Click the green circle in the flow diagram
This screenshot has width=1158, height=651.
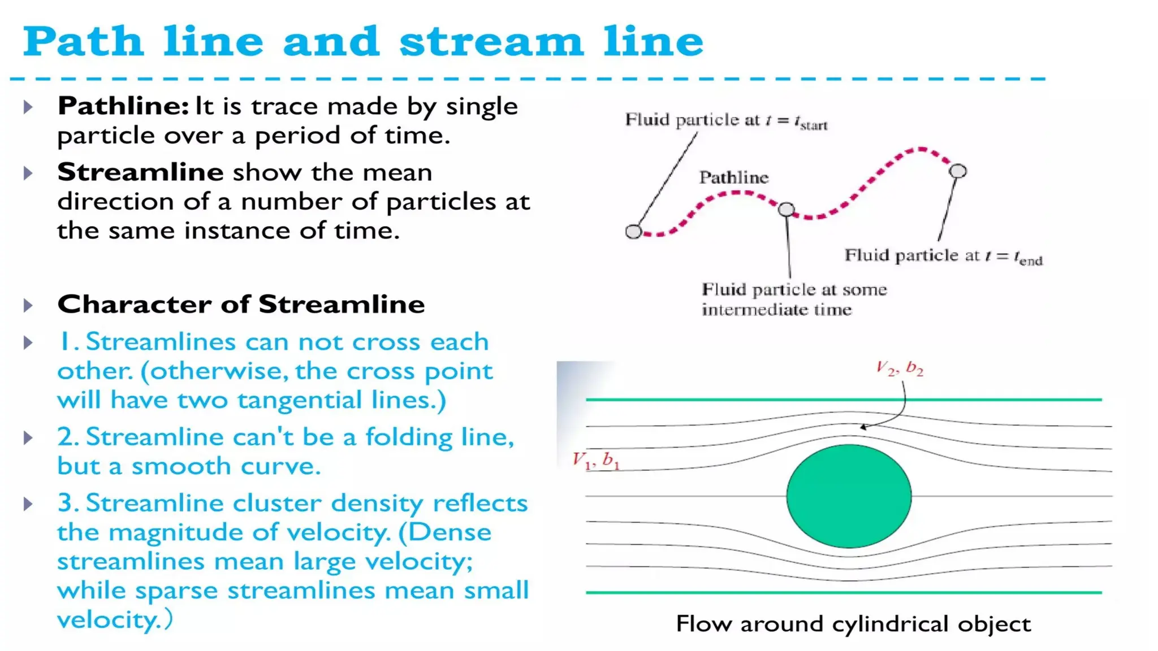(849, 496)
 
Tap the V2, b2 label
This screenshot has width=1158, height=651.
(900, 368)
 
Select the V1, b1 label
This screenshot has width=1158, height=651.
(596, 461)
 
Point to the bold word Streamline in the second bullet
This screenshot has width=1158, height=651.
(140, 172)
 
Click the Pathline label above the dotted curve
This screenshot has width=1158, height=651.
(734, 177)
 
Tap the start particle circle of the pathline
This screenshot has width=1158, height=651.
(633, 231)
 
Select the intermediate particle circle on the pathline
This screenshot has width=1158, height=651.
(786, 210)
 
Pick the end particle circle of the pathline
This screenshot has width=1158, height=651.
(958, 171)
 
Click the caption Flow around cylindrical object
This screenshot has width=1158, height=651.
(853, 624)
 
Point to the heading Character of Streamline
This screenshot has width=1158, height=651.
(241, 304)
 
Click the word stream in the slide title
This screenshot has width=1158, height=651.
(491, 41)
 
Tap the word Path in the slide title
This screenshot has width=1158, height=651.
(83, 41)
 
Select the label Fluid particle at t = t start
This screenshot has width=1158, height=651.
(726, 120)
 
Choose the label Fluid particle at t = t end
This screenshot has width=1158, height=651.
(943, 256)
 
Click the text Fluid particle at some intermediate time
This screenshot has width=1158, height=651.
(794, 300)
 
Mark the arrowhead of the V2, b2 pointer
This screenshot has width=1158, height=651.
(862, 427)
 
